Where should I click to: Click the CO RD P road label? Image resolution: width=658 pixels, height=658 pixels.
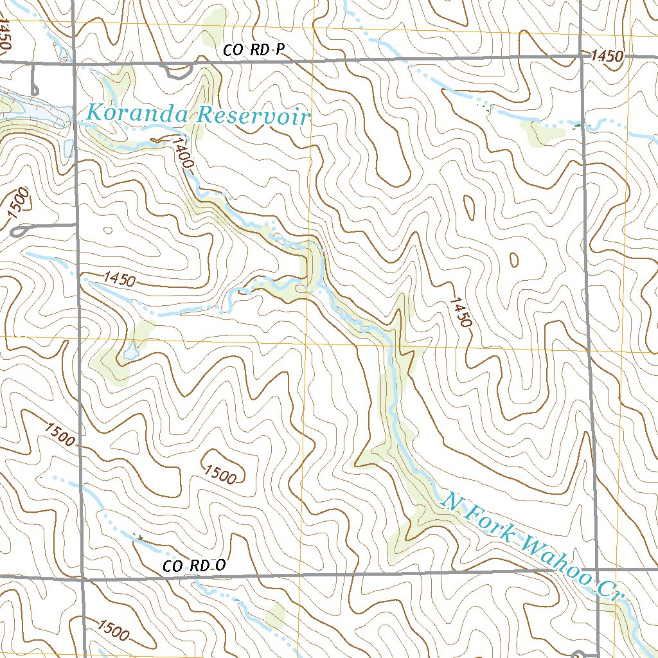coord(253,49)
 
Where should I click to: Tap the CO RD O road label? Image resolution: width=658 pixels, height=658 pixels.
coord(194,566)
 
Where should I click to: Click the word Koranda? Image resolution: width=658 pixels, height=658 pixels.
coord(138,114)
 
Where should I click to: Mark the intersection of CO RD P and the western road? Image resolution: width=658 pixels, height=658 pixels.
coord(74,64)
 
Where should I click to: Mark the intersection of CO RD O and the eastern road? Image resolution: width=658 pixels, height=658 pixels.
coord(596,570)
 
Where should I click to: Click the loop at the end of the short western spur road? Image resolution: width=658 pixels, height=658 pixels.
coord(19,230)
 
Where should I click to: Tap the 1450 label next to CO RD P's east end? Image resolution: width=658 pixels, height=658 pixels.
coord(607,57)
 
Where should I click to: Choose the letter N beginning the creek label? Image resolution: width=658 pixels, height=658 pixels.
coord(452,500)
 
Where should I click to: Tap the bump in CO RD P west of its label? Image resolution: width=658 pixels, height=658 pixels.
coord(175,72)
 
